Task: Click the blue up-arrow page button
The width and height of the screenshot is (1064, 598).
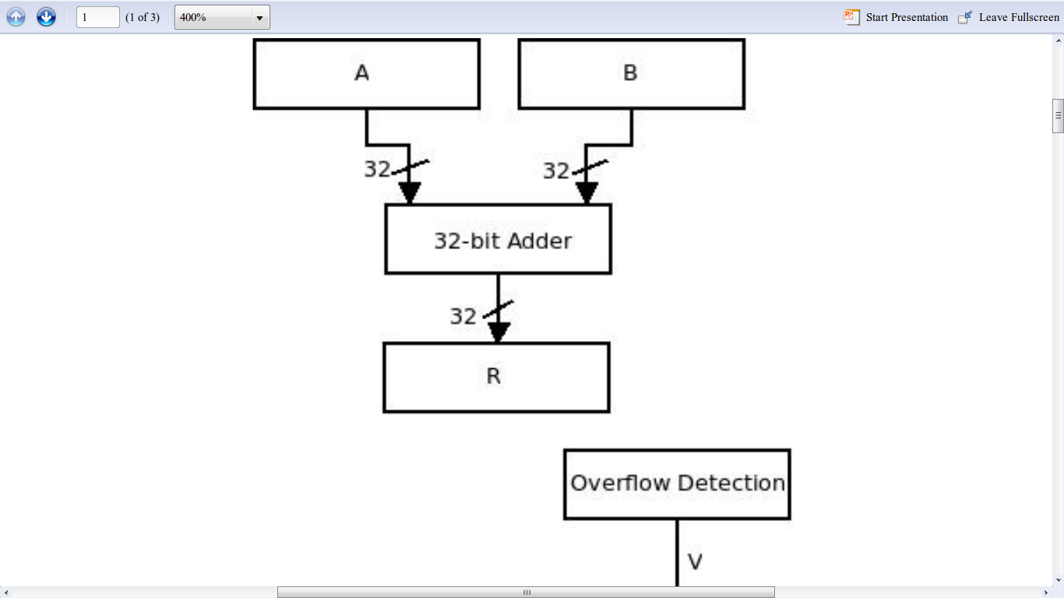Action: point(16,17)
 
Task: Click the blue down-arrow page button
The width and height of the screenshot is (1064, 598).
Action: point(46,17)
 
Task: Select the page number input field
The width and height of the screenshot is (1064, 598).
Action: point(98,17)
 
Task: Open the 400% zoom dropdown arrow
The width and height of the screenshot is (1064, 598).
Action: point(259,18)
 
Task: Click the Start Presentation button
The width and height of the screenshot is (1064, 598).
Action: point(896,17)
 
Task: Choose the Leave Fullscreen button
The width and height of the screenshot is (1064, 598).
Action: point(1009,17)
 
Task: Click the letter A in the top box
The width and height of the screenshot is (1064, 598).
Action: point(362,72)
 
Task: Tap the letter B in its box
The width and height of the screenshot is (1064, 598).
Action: point(630,72)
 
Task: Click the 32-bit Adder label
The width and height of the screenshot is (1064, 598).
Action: point(502,241)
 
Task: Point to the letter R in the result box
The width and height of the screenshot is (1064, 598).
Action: point(494,376)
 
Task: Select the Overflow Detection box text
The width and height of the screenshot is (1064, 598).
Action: point(678,483)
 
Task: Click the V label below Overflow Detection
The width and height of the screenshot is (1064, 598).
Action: point(695,562)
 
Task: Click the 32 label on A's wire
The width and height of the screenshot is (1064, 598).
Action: point(377,169)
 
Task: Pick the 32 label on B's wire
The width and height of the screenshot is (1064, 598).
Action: point(555,171)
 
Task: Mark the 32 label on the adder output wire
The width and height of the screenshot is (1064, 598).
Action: point(463,316)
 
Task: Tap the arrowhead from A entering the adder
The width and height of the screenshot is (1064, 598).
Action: point(410,193)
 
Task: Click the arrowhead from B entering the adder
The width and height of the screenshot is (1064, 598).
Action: point(587,193)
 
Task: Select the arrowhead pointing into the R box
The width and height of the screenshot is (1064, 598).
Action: point(499,332)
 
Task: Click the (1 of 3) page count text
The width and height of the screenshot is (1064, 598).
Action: point(143,18)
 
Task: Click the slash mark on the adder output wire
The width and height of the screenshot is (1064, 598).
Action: point(498,309)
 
